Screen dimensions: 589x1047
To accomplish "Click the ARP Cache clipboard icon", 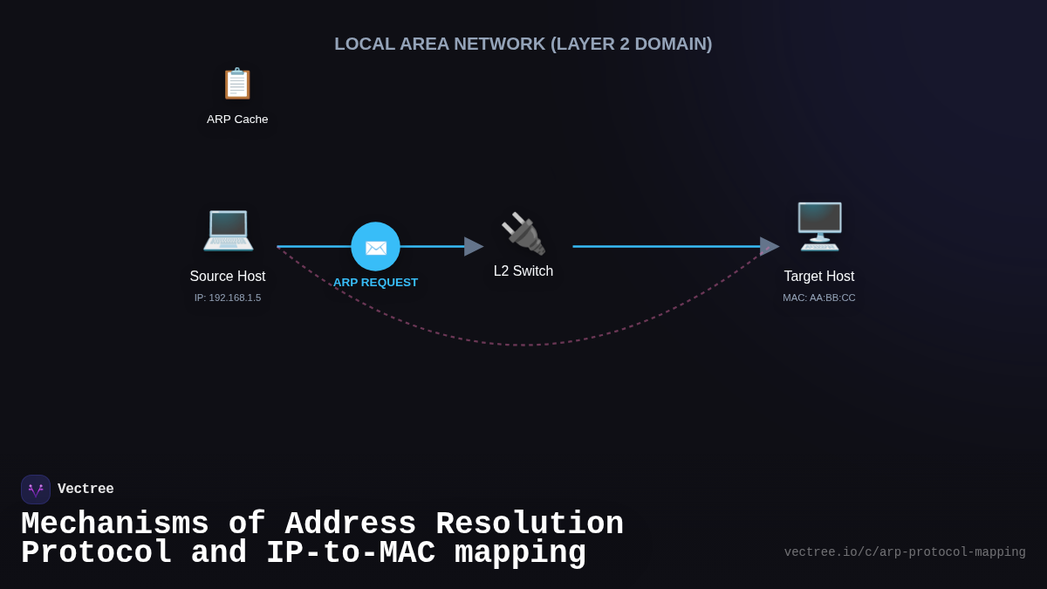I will (237, 84).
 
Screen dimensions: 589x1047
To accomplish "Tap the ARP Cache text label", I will (237, 120).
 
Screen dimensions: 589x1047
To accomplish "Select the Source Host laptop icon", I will (228, 229).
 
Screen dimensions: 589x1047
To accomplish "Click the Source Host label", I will (228, 277).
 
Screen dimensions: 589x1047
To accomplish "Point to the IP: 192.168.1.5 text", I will (228, 298).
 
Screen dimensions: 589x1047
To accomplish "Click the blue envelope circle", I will (375, 247).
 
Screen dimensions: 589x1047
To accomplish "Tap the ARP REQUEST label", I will (375, 283).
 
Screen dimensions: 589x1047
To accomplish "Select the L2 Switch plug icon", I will (523, 233).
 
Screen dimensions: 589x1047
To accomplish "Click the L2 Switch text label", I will (523, 271).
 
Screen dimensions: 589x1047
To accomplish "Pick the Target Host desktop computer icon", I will (819, 226).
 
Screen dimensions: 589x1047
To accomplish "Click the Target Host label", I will (819, 277).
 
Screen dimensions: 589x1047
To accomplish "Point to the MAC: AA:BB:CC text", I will (819, 298).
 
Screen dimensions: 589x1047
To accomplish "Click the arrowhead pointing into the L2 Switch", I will (474, 247).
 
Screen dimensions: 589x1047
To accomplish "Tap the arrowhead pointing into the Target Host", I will (770, 247).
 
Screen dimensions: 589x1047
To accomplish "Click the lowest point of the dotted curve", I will (523, 345).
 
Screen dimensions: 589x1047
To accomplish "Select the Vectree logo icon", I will (36, 490).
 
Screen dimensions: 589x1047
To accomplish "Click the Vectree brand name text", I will (86, 490).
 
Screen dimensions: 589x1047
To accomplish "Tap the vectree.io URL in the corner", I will (905, 552).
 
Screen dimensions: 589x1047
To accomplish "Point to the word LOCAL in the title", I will (364, 44).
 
